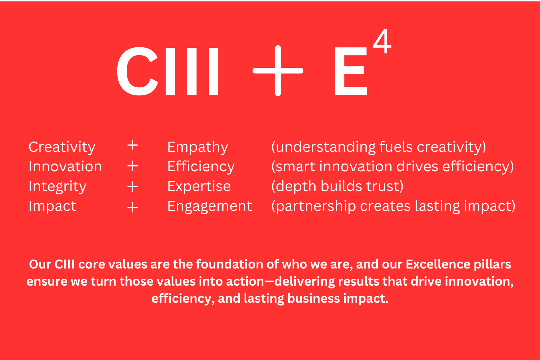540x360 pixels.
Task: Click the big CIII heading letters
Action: coord(168,71)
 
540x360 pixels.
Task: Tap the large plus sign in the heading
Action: coord(278,71)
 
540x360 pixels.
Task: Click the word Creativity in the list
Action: coord(62,147)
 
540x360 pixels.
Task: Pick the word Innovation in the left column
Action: coord(65,166)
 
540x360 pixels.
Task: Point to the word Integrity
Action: coord(58,187)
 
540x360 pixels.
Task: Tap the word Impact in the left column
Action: coord(52,206)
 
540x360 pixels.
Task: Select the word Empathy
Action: coord(198,147)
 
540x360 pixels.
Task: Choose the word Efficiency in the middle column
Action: coord(201,167)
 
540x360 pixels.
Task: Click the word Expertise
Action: coord(199,187)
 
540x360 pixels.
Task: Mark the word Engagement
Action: coord(210,206)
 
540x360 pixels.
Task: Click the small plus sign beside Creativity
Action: coord(133,145)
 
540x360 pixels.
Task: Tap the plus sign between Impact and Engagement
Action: coord(133,207)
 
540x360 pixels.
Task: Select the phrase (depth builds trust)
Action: coord(337,187)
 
